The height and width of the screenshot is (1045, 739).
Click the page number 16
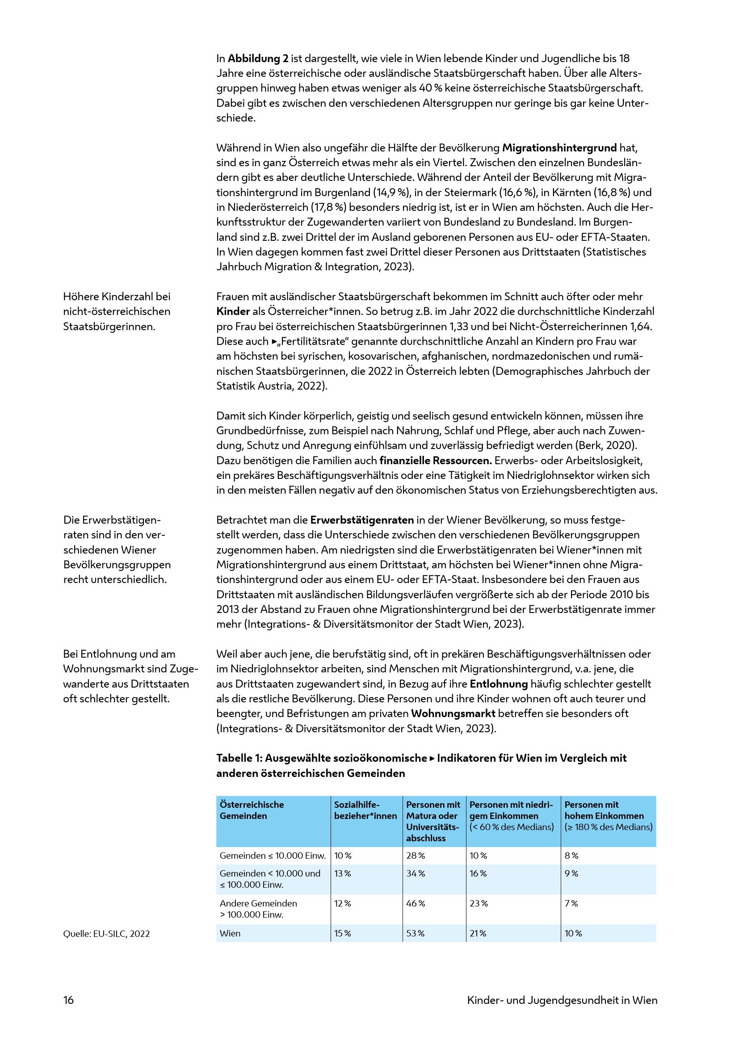point(68,1000)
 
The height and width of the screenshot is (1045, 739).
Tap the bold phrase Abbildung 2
point(258,59)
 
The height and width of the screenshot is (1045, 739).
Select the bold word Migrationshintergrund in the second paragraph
point(559,148)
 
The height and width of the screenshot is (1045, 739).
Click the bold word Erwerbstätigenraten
point(362,520)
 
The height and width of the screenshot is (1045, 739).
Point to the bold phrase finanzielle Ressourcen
point(436,460)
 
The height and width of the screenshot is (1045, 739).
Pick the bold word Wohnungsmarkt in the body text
point(453,713)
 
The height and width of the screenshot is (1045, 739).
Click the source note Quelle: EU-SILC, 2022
point(106,933)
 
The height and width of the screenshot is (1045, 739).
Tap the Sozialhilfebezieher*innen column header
point(365,810)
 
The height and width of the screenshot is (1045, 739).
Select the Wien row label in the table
point(230,933)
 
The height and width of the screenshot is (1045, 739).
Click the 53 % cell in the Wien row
point(416,933)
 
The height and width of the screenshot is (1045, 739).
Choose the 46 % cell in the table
point(416,903)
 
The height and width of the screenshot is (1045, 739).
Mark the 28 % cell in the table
point(416,855)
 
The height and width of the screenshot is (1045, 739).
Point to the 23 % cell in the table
point(479,903)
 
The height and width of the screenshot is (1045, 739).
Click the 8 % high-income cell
point(571,855)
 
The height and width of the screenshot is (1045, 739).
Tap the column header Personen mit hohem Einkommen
point(608,816)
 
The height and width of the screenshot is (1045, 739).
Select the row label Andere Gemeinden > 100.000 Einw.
point(258,908)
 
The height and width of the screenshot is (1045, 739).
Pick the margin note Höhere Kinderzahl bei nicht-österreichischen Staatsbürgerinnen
point(117,311)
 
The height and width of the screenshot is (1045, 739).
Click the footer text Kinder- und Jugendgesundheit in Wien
point(562,1000)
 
